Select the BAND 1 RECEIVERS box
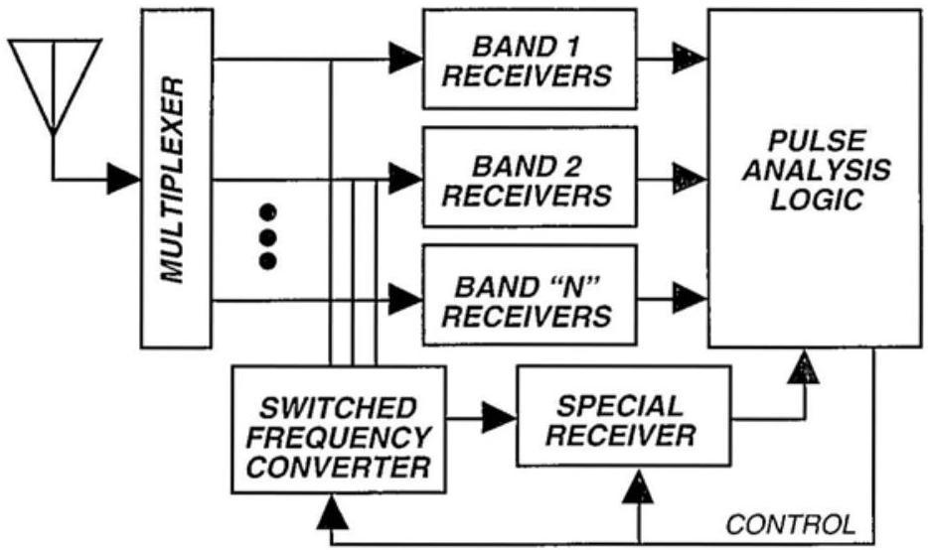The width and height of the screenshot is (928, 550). (527, 61)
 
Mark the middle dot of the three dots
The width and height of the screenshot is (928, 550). (266, 236)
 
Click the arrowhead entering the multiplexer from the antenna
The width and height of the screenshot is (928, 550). (124, 179)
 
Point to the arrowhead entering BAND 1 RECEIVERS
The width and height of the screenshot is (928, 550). (405, 59)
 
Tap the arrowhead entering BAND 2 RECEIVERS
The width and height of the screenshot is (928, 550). (405, 179)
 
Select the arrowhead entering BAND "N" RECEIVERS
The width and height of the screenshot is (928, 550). (405, 297)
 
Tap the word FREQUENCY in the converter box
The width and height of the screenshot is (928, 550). (339, 436)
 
